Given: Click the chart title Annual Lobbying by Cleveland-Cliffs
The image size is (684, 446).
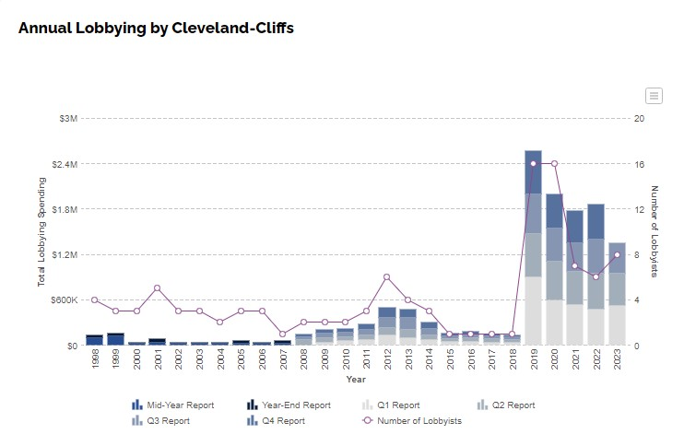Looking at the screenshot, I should [156, 28].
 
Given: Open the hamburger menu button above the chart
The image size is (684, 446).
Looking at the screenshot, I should [654, 96].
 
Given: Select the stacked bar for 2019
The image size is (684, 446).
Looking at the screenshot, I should [533, 249].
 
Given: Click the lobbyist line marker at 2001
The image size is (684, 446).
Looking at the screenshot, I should [158, 288].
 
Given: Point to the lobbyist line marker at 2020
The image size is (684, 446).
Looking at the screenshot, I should [554, 164].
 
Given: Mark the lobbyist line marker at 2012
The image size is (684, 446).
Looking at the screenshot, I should [387, 277].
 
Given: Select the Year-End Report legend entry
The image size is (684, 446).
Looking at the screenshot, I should [289, 405].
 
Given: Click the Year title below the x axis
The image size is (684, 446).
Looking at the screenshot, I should [356, 379].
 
